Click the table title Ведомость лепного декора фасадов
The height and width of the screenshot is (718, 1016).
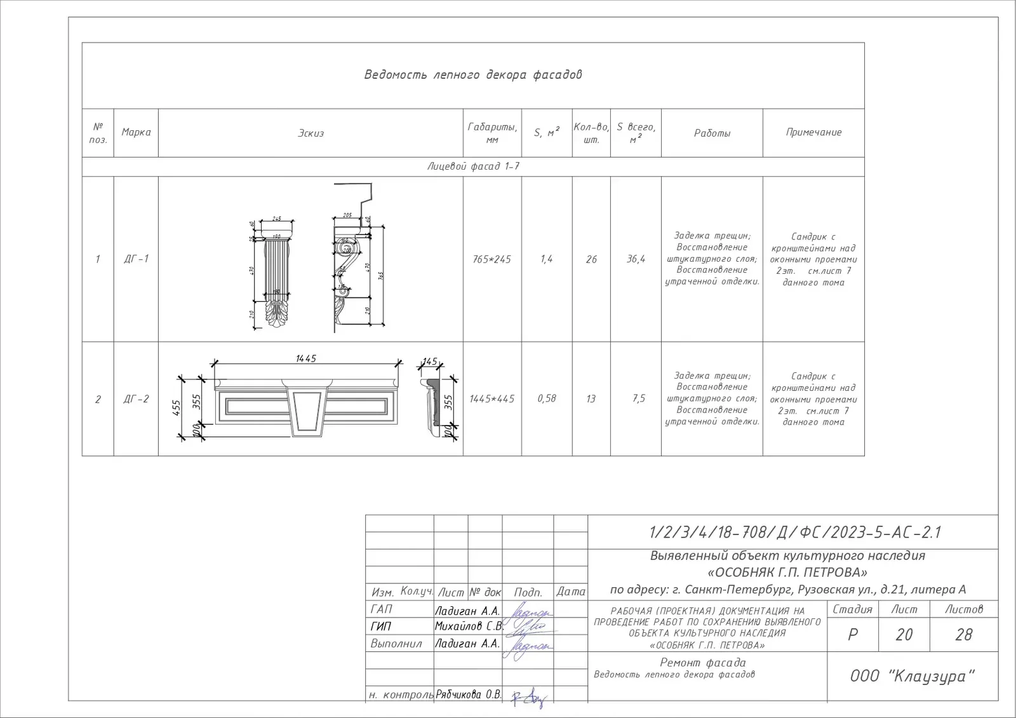[472, 75]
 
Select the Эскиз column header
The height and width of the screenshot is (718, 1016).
[311, 133]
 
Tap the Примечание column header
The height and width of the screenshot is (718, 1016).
[813, 132]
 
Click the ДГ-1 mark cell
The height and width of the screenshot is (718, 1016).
[136, 259]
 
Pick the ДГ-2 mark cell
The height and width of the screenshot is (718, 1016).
[136, 399]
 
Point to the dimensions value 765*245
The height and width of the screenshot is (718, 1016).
[491, 259]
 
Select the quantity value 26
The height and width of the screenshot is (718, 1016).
[591, 259]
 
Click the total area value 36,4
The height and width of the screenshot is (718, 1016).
[636, 259]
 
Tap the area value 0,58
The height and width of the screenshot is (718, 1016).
[547, 398]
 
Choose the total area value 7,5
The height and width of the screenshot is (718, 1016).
[638, 398]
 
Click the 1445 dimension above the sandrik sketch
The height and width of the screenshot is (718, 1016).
[305, 359]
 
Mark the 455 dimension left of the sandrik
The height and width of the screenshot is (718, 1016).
[177, 407]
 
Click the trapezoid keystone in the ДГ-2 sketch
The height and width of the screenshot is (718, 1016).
[308, 412]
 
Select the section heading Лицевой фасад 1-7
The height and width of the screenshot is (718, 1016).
[472, 166]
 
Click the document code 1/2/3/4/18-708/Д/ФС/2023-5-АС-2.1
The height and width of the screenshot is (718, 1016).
[794, 532]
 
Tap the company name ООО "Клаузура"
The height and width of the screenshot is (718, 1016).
[912, 676]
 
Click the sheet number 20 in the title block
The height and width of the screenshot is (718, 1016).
[904, 635]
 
